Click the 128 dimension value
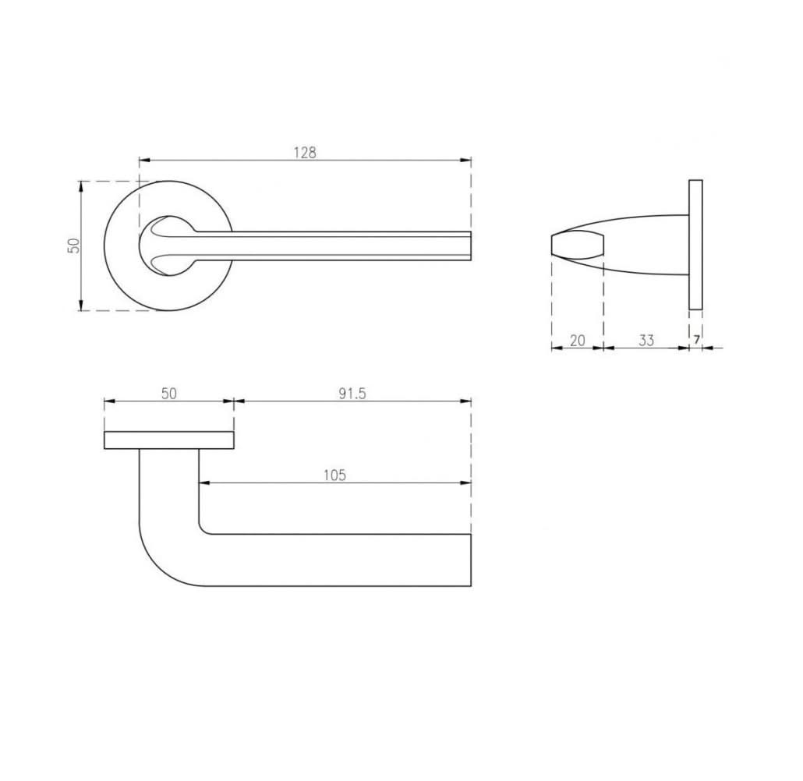coord(305,153)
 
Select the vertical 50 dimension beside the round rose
coord(74,246)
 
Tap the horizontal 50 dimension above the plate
coord(169,394)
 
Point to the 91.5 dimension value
coord(352,394)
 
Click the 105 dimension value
coord(334,475)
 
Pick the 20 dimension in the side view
coord(578,340)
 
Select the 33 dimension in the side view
coord(646,340)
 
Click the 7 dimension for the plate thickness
coord(696,340)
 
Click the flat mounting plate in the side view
coord(695,245)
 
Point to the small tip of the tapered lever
coord(557,245)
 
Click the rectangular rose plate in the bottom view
coord(169,440)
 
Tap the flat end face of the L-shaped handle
coord(471,560)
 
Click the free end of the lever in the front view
coord(469,245)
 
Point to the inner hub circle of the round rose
coord(167,245)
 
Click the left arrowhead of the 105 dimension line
coord(204,483)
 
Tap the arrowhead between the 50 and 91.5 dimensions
coord(235,401)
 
